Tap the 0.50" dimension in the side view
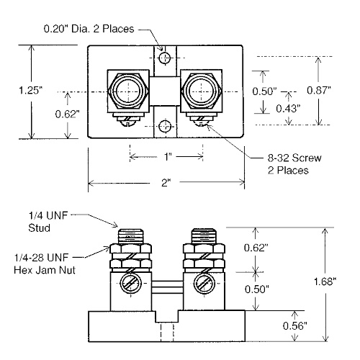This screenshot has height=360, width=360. point(276,289)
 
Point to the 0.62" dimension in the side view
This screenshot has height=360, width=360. point(276,247)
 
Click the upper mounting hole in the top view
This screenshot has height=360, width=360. point(166,58)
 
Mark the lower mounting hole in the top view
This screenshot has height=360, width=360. point(166,126)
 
